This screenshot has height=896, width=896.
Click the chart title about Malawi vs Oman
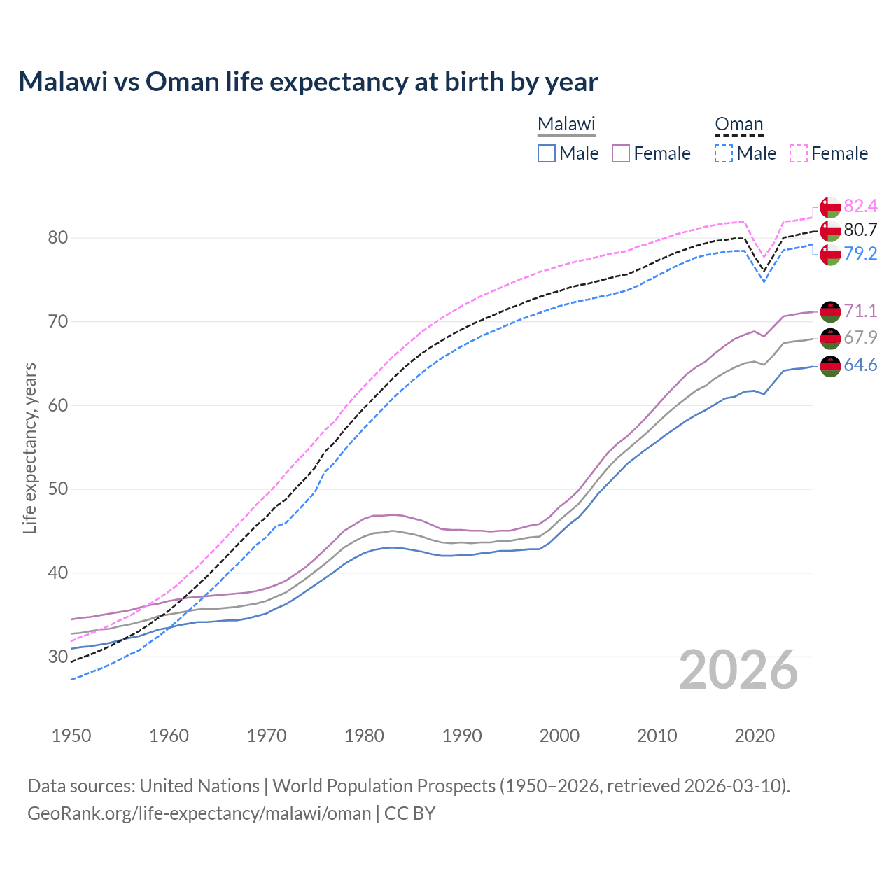[308, 82]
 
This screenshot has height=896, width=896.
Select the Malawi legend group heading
[566, 124]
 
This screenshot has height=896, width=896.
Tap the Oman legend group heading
[738, 124]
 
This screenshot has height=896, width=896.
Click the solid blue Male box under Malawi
[547, 153]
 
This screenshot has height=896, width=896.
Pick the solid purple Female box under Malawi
[622, 153]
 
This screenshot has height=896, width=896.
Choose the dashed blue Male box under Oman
[724, 153]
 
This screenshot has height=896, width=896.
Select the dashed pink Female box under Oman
[799, 153]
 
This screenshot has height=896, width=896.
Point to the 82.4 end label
[860, 206]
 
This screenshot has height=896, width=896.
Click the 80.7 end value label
[860, 230]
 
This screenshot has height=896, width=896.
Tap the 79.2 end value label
[860, 253]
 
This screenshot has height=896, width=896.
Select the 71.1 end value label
[860, 311]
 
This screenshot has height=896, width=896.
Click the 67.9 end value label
[860, 337]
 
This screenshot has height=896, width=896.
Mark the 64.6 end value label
[860, 365]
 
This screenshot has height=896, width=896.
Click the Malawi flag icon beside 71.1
[830, 311]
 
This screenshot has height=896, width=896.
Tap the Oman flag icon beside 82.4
[830, 207]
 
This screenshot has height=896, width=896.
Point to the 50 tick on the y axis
[58, 489]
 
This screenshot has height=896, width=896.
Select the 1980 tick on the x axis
[364, 736]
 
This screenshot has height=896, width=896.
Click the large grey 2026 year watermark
[738, 670]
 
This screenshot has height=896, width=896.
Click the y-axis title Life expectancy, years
[30, 448]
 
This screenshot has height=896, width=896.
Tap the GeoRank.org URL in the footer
[199, 813]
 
